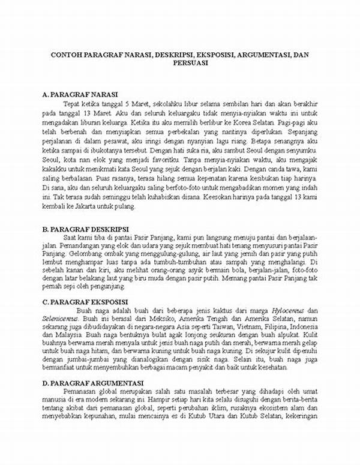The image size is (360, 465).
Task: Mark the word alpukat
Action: coord(303,336)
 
